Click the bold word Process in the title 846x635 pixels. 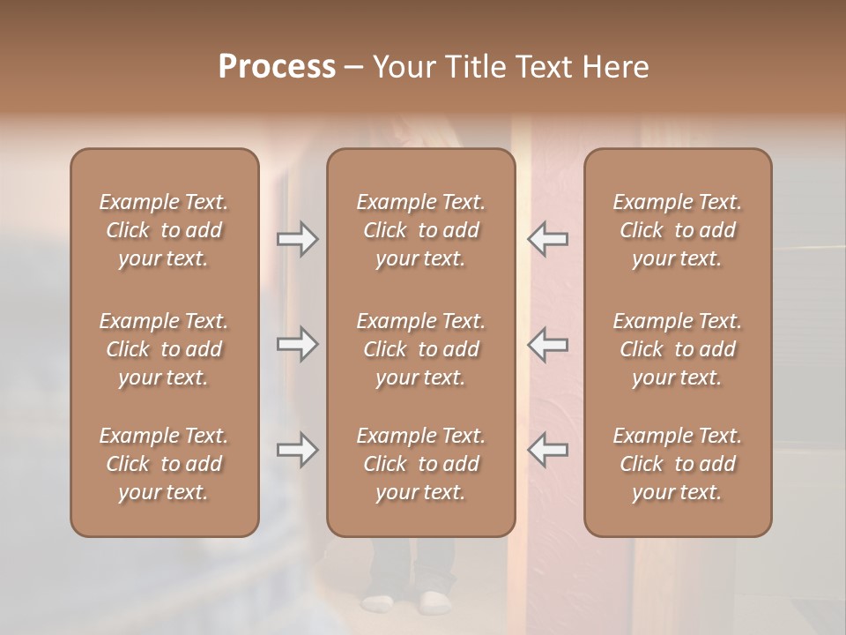point(277,67)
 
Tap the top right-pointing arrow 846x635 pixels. point(297,239)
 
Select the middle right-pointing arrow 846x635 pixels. point(297,344)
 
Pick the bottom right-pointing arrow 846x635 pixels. point(297,450)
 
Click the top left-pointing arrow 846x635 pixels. point(547,239)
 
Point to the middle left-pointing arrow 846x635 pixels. point(547,344)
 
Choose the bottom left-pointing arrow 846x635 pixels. point(547,450)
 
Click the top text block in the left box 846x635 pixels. point(164,230)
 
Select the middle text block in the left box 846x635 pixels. point(164,349)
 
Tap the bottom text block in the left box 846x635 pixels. point(164,464)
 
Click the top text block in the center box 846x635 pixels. point(420,230)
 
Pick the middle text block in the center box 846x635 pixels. point(420,349)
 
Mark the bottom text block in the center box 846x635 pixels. point(420,464)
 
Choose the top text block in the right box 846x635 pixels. point(677,230)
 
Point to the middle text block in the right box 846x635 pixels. point(677,349)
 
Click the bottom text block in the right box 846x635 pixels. point(677,464)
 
